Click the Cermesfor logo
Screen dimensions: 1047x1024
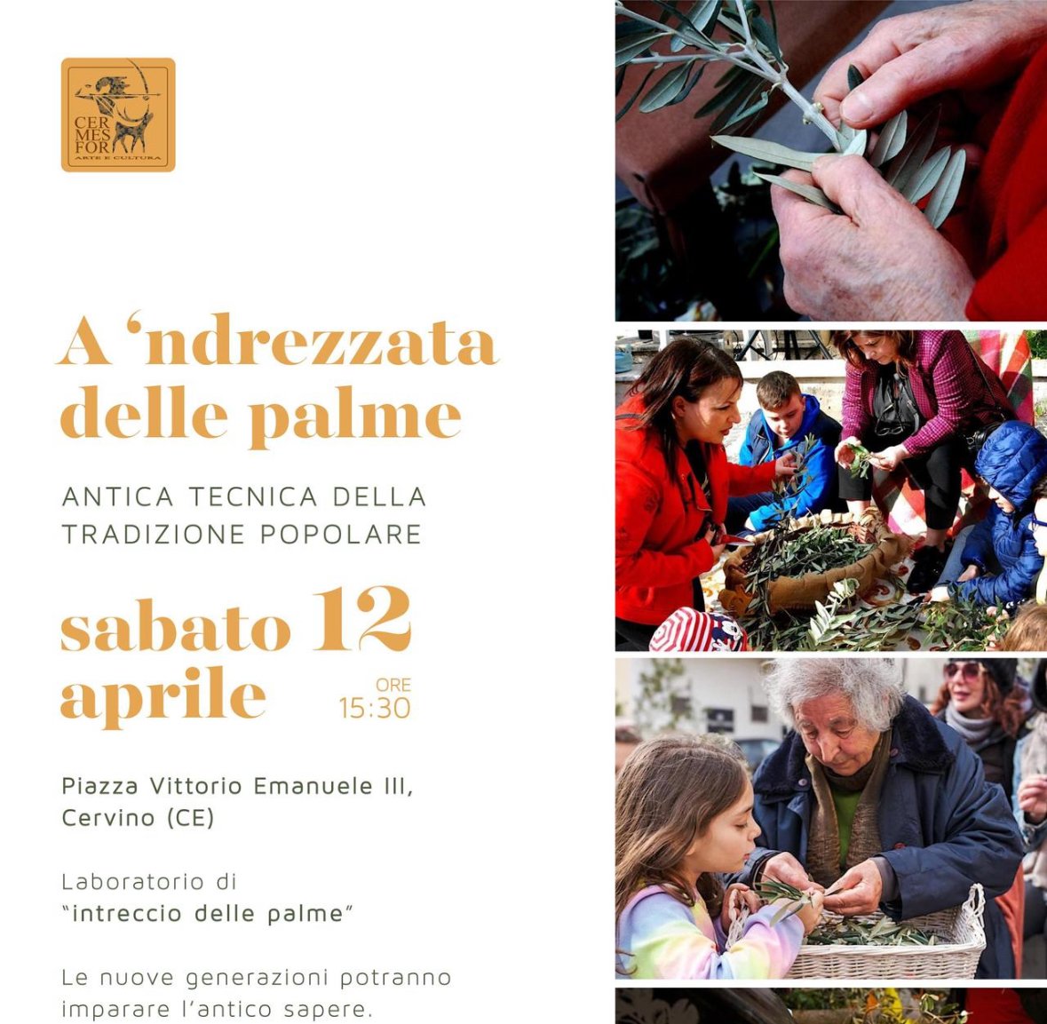118,115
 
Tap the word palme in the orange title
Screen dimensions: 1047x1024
354,417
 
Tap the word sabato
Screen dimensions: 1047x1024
176,629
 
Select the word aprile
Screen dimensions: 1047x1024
163,696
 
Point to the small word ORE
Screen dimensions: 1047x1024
393,685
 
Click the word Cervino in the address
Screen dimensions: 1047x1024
99,817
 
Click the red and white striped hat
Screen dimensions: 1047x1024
697,630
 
